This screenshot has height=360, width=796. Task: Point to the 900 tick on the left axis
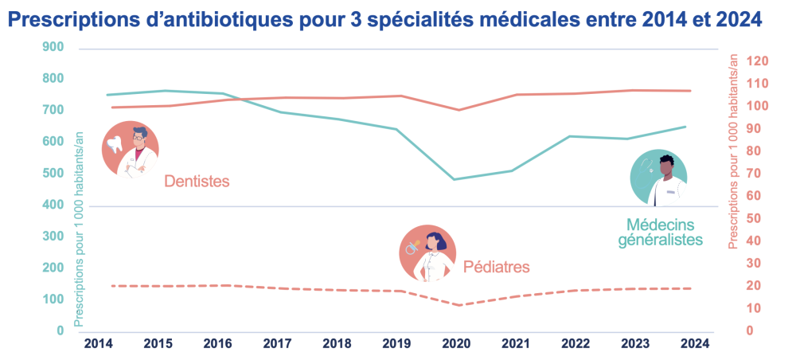point(53,47)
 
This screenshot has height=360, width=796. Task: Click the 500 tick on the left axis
point(53,174)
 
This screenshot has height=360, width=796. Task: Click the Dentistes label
point(197,182)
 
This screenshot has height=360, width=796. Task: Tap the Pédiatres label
point(496,267)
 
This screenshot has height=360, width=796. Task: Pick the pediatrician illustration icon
point(427,252)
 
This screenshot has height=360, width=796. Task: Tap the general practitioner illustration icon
point(658,178)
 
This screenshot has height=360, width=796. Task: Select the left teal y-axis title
point(80,229)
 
